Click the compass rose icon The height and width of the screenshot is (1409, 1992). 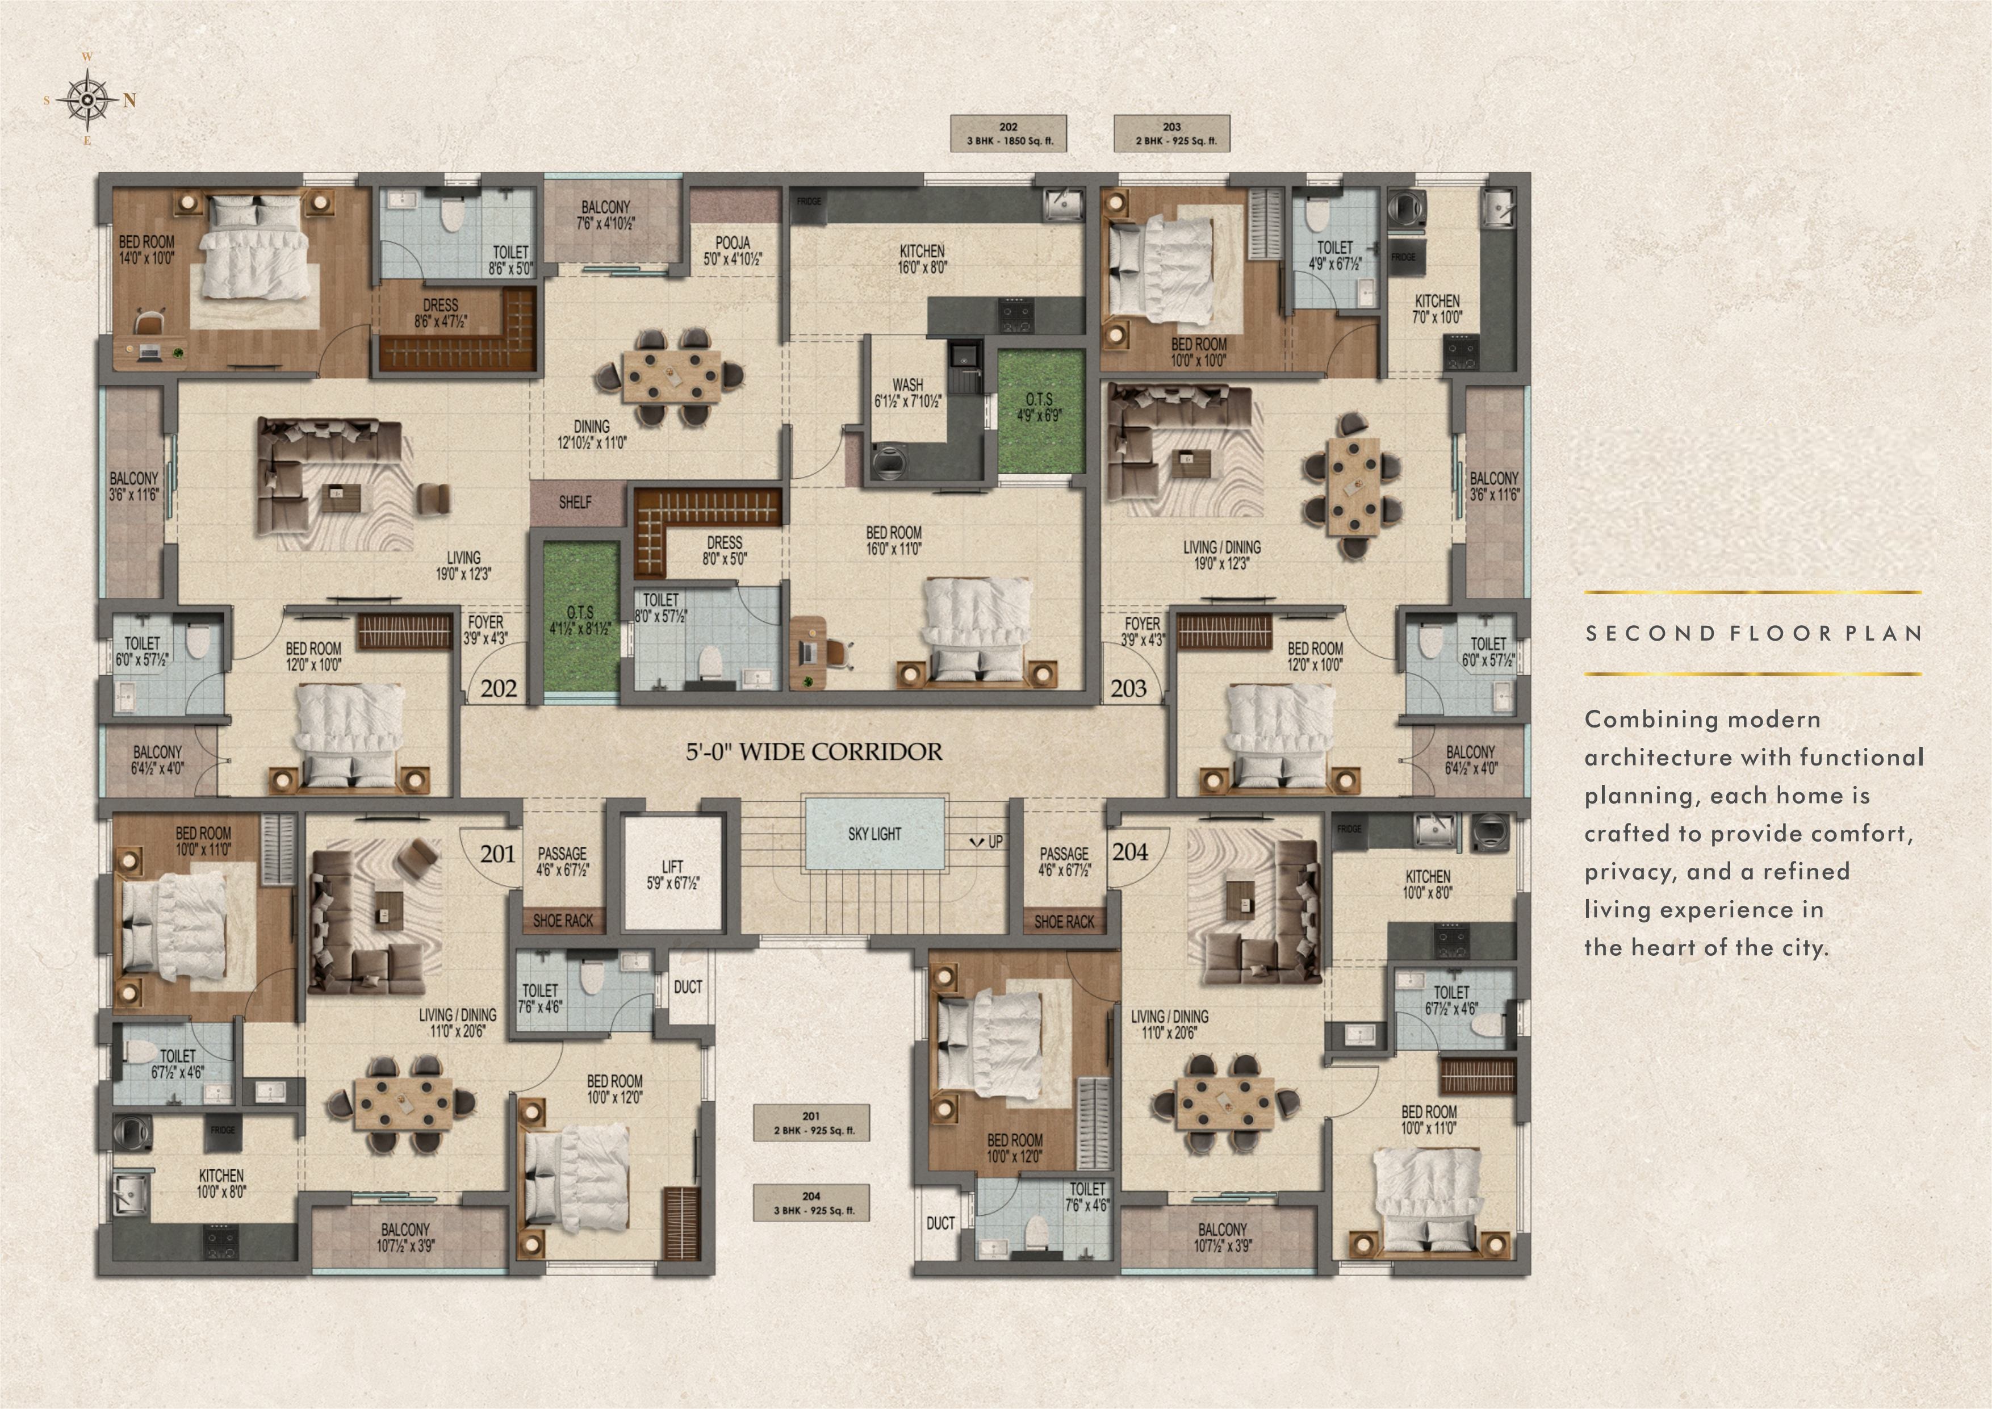click(x=87, y=100)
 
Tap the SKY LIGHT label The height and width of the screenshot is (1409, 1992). click(x=874, y=834)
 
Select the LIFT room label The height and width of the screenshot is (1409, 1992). click(x=672, y=875)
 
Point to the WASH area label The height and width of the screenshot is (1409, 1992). click(x=907, y=393)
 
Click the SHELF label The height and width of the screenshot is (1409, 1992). click(x=575, y=503)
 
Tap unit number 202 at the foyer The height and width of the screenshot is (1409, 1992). click(x=499, y=689)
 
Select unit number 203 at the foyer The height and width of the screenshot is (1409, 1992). click(x=1129, y=689)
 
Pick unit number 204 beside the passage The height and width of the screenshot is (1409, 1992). click(x=1129, y=852)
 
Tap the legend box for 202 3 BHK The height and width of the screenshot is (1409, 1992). click(x=1008, y=133)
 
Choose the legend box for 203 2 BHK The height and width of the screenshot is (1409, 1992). click(x=1172, y=133)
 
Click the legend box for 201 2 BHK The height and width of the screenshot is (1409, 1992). click(x=811, y=1123)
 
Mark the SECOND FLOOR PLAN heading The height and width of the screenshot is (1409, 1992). click(x=1754, y=633)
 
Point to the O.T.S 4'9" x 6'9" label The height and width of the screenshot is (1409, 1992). click(x=1039, y=407)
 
